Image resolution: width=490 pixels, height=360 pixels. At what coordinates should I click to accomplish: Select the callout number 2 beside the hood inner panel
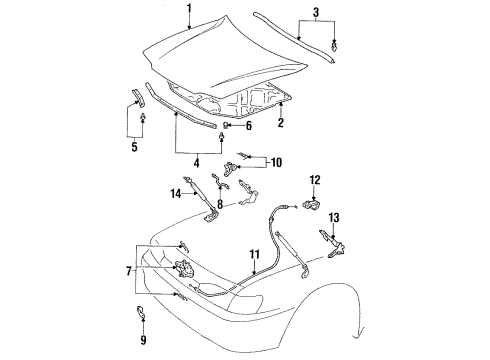click(281, 123)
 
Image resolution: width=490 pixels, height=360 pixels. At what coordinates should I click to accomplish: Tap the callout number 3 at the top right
click(317, 14)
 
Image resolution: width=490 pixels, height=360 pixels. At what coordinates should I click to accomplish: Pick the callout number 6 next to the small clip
click(248, 126)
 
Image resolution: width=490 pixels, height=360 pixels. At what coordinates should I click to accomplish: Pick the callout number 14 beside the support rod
click(175, 193)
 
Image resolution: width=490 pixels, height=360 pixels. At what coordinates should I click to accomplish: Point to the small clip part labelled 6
click(229, 126)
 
